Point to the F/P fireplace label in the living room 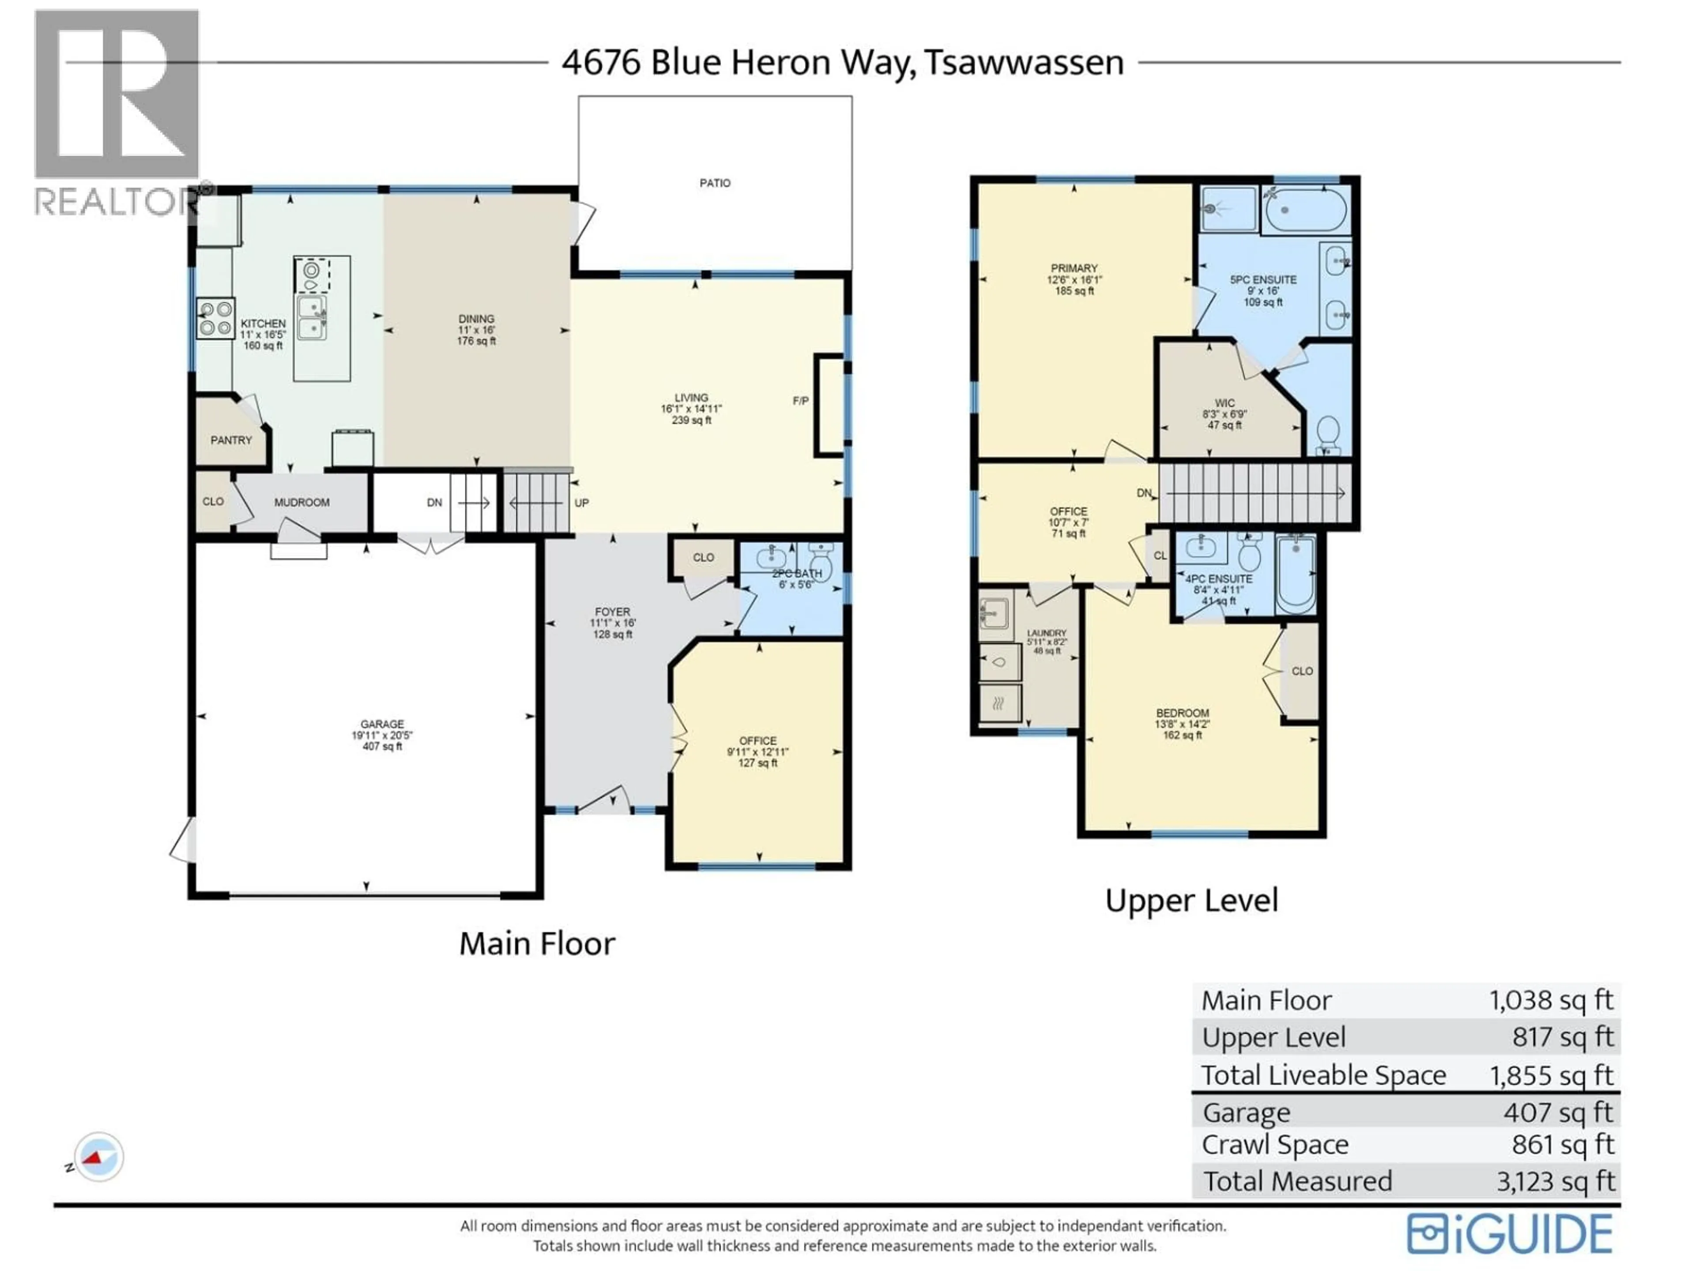(800, 401)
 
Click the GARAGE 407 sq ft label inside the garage (382, 735)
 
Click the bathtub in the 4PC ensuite (1296, 575)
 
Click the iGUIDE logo (1509, 1234)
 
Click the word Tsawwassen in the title (1024, 62)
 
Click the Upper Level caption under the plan (1191, 900)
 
